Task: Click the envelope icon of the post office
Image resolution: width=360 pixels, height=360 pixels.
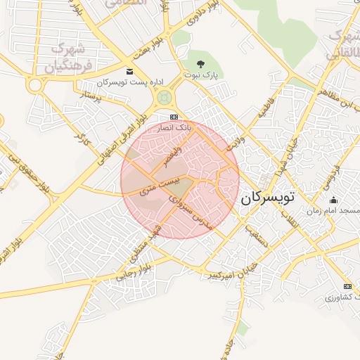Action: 129,71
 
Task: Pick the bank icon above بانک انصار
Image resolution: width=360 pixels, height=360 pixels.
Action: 174,117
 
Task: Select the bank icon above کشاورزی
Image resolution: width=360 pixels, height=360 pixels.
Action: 347,287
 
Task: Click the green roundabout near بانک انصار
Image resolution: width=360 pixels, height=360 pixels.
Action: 164,96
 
